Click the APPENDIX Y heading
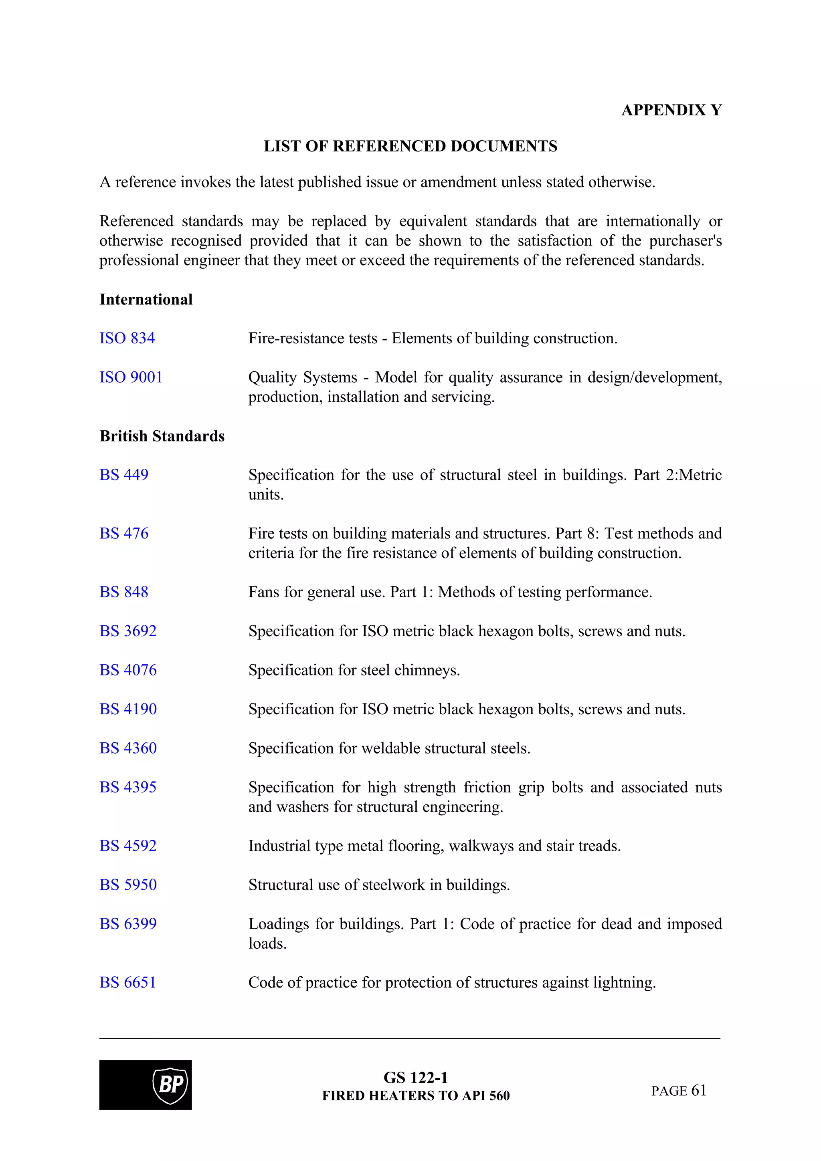671,110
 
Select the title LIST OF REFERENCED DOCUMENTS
410,146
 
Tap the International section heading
146,299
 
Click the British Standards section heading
162,436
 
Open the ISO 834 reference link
127,338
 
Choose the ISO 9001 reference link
131,377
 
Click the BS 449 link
124,475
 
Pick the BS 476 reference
124,534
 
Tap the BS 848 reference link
124,592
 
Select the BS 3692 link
128,631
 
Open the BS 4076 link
128,670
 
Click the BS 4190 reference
128,709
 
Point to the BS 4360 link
128,748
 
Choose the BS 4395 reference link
128,787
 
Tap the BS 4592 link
128,845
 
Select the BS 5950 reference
128,885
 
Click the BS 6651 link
128,982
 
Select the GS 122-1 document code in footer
415,1078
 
